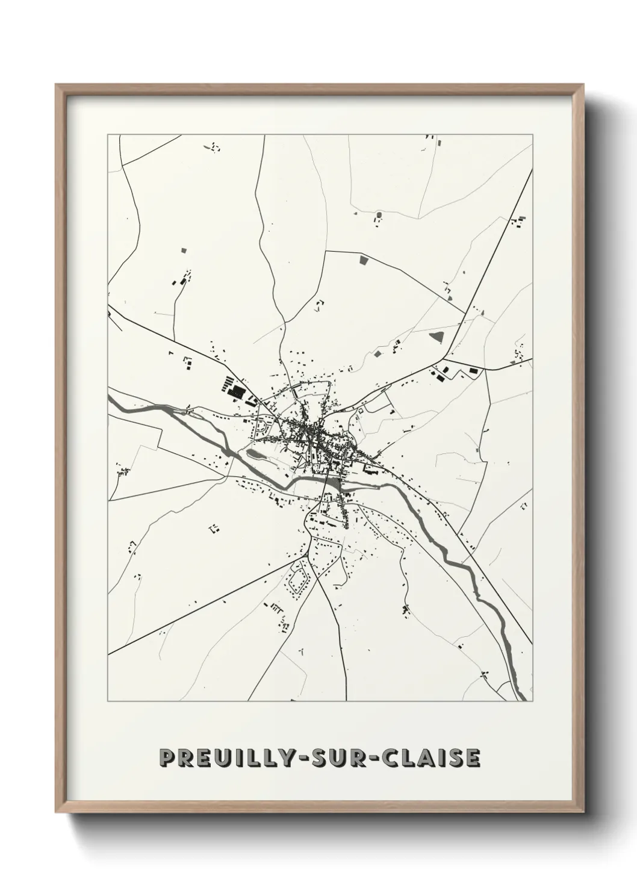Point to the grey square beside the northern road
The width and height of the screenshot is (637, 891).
(363, 259)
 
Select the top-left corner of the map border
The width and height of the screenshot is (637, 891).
(108, 135)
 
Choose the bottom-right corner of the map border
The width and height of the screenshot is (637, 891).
(533, 701)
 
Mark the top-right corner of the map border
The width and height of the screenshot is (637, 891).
(533, 135)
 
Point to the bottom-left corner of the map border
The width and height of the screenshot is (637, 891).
(108, 701)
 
